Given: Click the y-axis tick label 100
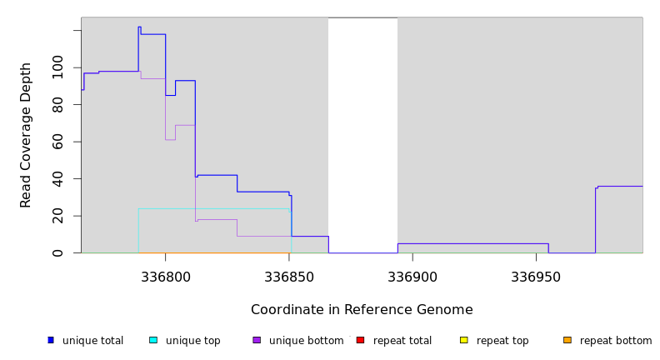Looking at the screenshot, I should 57,67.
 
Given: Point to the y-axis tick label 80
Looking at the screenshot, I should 57,105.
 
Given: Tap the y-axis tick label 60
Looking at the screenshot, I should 57,142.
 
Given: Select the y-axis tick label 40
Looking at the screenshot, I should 57,179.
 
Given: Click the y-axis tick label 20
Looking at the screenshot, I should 57,216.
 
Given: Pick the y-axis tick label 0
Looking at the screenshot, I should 57,252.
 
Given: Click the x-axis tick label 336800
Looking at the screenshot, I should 165,276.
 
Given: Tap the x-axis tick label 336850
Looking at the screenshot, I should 289,276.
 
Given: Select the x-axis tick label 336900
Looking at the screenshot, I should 412,276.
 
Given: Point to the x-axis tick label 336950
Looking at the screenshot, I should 536,276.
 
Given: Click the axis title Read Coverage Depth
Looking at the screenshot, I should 26,135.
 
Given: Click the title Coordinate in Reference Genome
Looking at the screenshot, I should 362,310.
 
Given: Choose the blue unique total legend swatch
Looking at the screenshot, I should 51,340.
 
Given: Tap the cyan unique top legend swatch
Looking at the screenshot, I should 153,340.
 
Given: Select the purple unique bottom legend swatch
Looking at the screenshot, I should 257,340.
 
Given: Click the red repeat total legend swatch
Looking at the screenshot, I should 360,340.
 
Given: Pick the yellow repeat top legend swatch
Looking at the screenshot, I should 463,340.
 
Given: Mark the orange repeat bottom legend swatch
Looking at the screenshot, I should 567,340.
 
